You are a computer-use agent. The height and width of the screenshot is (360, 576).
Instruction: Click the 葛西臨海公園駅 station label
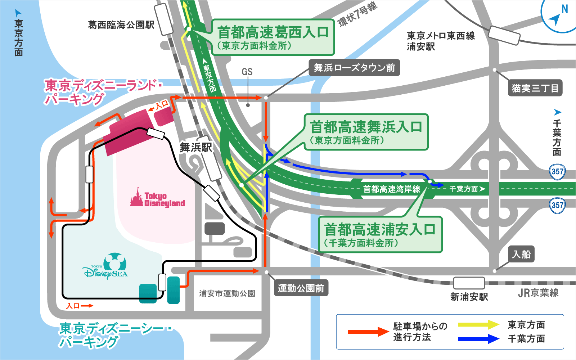(x=121, y=25)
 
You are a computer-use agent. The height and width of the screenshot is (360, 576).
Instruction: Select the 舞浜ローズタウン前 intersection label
(x=354, y=68)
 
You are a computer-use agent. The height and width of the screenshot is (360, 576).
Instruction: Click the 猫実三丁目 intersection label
(x=535, y=88)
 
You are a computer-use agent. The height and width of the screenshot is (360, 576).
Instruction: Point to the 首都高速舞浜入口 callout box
(x=366, y=132)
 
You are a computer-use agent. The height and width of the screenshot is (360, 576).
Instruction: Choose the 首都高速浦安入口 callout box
(x=380, y=234)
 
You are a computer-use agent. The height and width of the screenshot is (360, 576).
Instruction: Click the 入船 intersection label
(x=521, y=254)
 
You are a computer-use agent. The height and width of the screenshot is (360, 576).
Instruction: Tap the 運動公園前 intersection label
(x=301, y=288)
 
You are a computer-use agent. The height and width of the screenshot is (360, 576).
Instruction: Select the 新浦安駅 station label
(x=469, y=297)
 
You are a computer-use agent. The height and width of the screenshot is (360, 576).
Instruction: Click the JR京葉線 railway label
(x=538, y=293)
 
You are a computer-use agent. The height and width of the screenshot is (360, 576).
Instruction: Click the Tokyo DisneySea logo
(x=106, y=267)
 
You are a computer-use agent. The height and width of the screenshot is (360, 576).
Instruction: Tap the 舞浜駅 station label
(x=195, y=147)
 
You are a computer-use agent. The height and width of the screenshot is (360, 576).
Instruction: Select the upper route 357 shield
(x=557, y=171)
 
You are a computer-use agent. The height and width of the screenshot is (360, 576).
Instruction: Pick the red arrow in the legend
(x=368, y=332)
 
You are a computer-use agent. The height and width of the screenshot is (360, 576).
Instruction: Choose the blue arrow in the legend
(x=478, y=339)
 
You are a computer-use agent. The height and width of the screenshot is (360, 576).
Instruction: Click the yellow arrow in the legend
(x=478, y=325)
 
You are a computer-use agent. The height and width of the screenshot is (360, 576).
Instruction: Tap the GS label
(x=247, y=72)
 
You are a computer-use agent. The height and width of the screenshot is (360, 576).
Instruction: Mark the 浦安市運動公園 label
(x=227, y=293)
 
